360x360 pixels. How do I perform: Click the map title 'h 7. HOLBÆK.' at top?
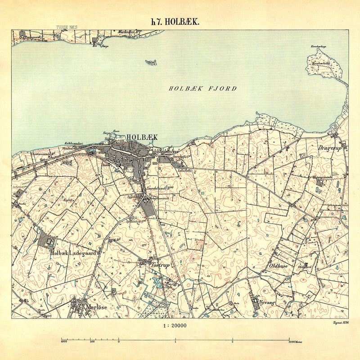[175, 22]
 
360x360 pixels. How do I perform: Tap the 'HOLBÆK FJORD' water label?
[202, 89]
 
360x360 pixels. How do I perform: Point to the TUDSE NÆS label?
[67, 27]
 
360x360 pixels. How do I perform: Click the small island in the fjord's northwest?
[152, 62]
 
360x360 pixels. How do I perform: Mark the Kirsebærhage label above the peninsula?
[318, 47]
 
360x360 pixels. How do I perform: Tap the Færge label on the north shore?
[105, 46]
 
